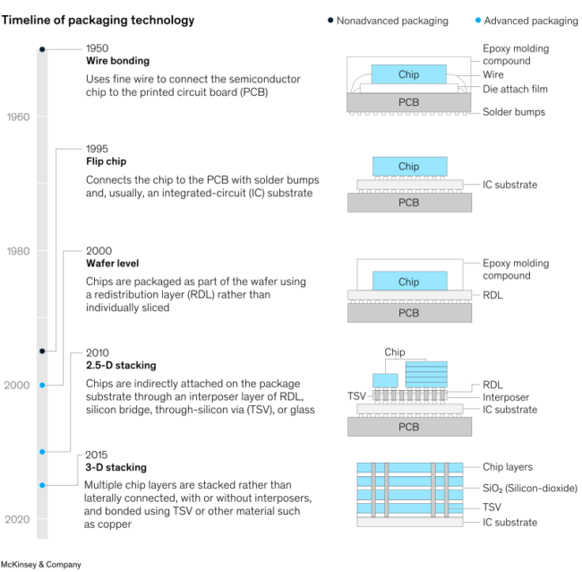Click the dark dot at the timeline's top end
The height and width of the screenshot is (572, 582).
click(x=42, y=48)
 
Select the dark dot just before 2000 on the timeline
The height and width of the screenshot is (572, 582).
click(x=42, y=351)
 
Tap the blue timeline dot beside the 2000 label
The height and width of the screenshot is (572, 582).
click(x=42, y=386)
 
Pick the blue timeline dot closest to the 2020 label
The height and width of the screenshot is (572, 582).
click(x=42, y=485)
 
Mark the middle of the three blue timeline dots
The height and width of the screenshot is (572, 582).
click(x=42, y=452)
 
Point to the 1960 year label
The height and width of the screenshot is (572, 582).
click(x=18, y=117)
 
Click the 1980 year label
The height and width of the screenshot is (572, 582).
click(x=18, y=251)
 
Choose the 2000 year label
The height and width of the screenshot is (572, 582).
click(x=18, y=386)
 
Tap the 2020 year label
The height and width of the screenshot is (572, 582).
click(x=18, y=519)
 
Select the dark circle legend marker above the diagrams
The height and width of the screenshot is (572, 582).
click(x=330, y=20)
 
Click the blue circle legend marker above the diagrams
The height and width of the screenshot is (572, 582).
click(x=478, y=20)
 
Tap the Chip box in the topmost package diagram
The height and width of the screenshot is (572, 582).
click(x=408, y=74)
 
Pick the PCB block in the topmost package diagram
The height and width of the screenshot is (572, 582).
click(x=408, y=102)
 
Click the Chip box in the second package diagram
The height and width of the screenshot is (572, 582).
click(x=409, y=166)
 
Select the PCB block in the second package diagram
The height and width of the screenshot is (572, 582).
click(x=409, y=203)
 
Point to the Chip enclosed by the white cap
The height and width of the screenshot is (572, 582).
click(x=409, y=282)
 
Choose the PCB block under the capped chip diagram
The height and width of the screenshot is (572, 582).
click(x=409, y=313)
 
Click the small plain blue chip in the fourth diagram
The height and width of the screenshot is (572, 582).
click(x=385, y=380)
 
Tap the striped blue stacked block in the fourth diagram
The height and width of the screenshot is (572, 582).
click(x=425, y=374)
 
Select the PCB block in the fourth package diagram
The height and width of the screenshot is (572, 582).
click(x=409, y=427)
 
